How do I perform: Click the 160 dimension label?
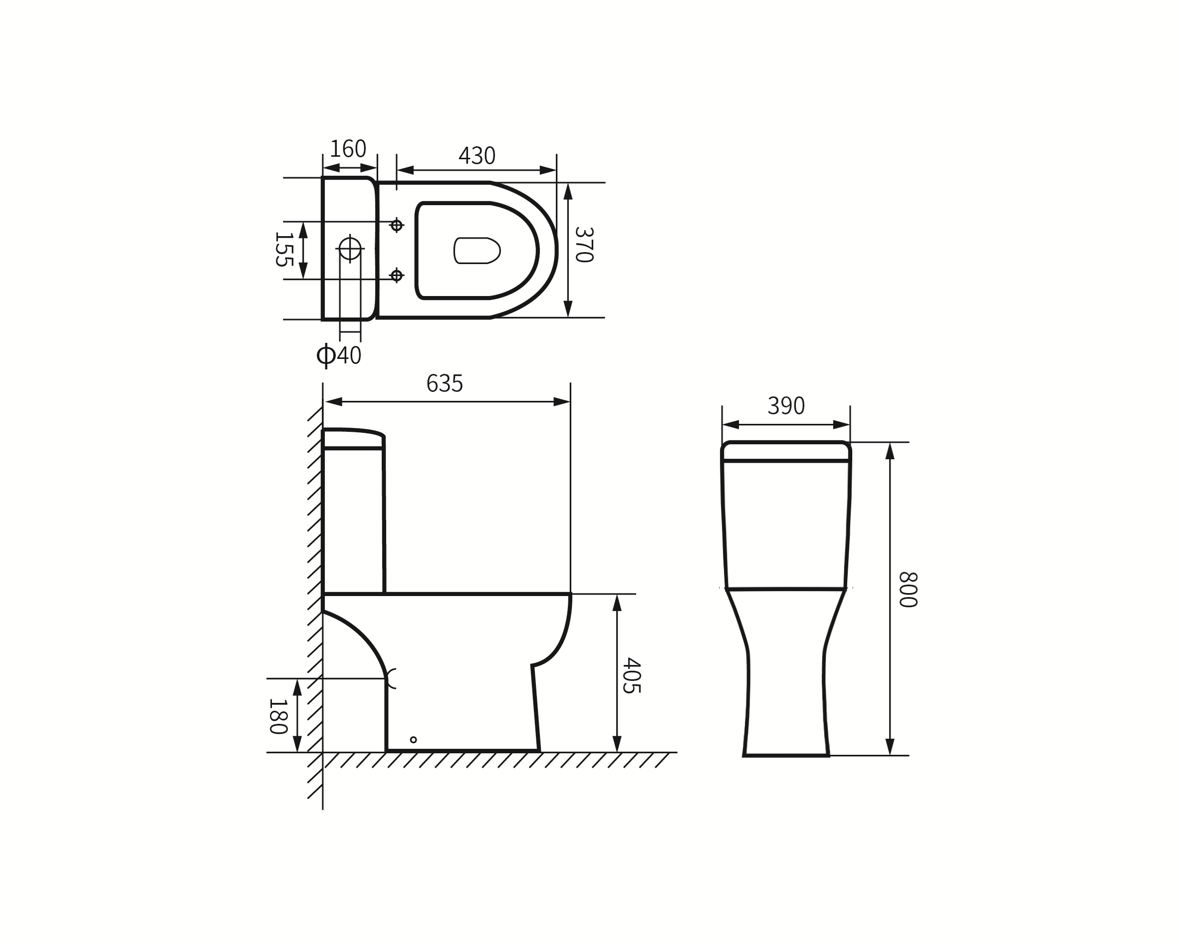click(x=348, y=149)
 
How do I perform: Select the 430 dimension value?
click(x=477, y=156)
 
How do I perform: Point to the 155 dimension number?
click(x=284, y=249)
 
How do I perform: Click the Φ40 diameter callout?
click(x=339, y=356)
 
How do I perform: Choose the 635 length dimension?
click(x=445, y=383)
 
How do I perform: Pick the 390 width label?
click(x=786, y=406)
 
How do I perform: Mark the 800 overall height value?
click(x=908, y=590)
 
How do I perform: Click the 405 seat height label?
click(x=632, y=676)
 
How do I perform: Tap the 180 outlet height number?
click(x=278, y=716)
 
